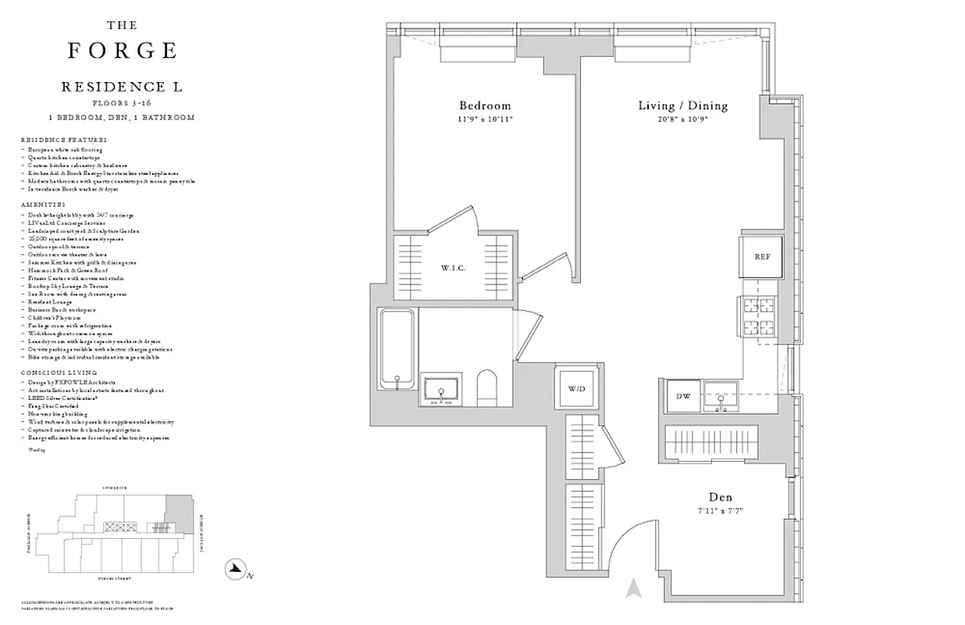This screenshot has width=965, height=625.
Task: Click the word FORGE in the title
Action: pos(122,51)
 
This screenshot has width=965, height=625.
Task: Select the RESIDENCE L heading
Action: pos(122,87)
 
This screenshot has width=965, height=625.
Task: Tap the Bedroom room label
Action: pos(484,105)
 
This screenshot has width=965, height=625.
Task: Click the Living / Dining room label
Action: pos(682,105)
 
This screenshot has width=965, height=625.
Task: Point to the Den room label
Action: pos(720,497)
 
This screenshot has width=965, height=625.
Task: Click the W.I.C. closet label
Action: pos(453,268)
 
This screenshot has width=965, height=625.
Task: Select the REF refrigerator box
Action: pos(762,257)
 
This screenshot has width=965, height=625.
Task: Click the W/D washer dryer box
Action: pos(576,388)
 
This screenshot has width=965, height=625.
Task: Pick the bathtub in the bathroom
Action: pos(397,348)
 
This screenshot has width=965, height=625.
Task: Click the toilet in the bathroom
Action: pos(486,388)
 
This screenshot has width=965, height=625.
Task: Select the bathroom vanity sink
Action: pos(442,391)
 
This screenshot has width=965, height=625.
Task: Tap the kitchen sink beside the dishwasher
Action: pos(721,397)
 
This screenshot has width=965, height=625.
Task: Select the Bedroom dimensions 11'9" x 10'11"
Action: pos(484,120)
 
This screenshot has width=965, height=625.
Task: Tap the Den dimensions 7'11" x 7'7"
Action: pos(720,511)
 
